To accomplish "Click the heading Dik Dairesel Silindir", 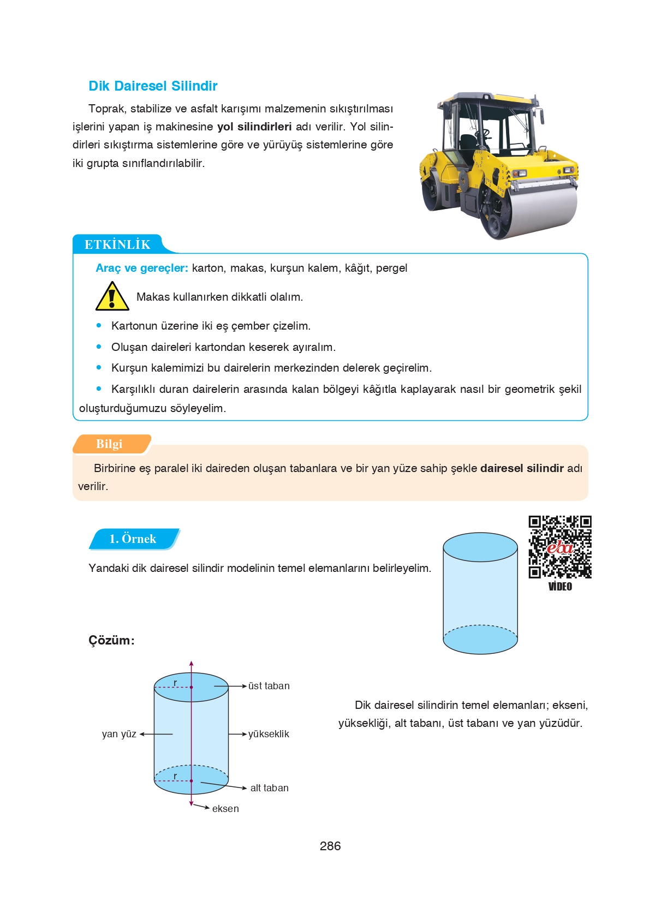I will pyautogui.click(x=153, y=86).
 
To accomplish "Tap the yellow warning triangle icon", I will pyautogui.click(x=112, y=297).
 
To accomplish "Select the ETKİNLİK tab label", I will pyautogui.click(x=117, y=244).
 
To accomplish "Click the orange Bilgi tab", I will pyautogui.click(x=110, y=444).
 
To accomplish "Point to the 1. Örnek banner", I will pyautogui.click(x=133, y=539).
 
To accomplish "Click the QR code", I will pyautogui.click(x=559, y=546).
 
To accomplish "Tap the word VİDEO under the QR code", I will pyautogui.click(x=560, y=587).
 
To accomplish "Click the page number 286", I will pyautogui.click(x=330, y=846).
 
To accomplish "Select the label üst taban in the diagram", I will pyautogui.click(x=269, y=686).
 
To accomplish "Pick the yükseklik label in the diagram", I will pyautogui.click(x=269, y=734).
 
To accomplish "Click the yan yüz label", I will pyautogui.click(x=119, y=734).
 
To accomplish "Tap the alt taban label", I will pyautogui.click(x=269, y=788).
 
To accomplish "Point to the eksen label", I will pyautogui.click(x=225, y=809).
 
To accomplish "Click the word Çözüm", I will pyautogui.click(x=111, y=640).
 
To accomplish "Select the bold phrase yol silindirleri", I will pyautogui.click(x=254, y=127).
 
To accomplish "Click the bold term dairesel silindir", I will pyautogui.click(x=522, y=468).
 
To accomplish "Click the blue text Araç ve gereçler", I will pyautogui.click(x=142, y=268).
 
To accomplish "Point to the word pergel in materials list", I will pyautogui.click(x=391, y=268).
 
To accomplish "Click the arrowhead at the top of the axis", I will pyautogui.click(x=191, y=664).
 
